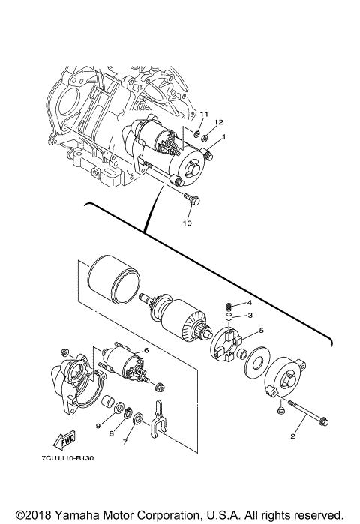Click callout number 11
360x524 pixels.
point(202,113)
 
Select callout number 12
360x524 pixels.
point(219,122)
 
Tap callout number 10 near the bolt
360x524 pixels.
point(187,223)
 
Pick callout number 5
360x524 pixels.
point(261,330)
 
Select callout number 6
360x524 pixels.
point(147,349)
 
